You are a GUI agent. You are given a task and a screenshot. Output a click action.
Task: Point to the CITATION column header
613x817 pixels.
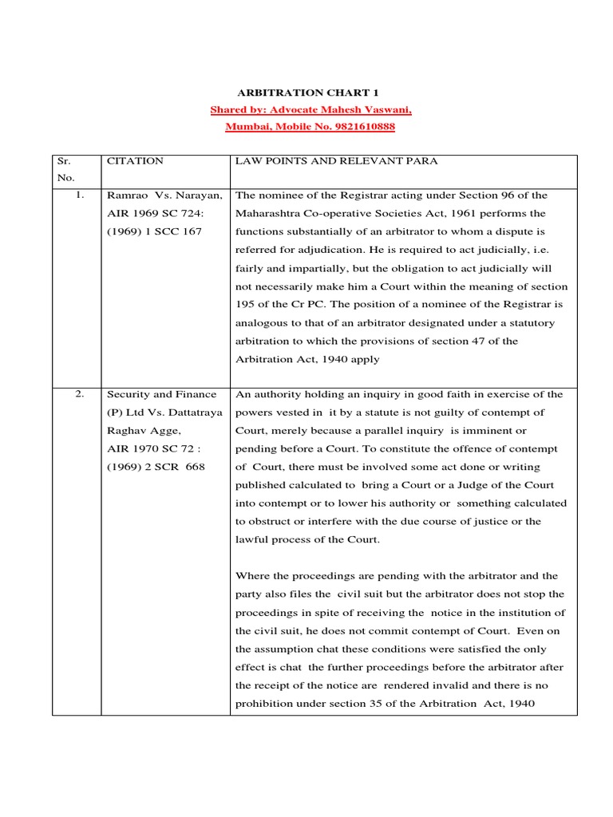pos(134,161)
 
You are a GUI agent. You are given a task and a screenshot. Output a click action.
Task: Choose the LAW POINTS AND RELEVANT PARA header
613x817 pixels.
pos(336,161)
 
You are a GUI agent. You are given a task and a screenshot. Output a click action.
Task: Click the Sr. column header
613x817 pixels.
pos(65,161)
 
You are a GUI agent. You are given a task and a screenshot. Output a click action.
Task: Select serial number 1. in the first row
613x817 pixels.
pos(81,195)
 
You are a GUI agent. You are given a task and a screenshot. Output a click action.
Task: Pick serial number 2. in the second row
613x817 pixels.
pos(81,394)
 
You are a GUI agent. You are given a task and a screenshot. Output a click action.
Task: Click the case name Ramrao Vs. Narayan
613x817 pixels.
pos(164,195)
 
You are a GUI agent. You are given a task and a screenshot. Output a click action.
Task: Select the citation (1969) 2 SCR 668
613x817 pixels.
pos(156,467)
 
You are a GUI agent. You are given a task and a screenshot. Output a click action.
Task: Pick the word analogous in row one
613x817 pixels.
pos(266,323)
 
